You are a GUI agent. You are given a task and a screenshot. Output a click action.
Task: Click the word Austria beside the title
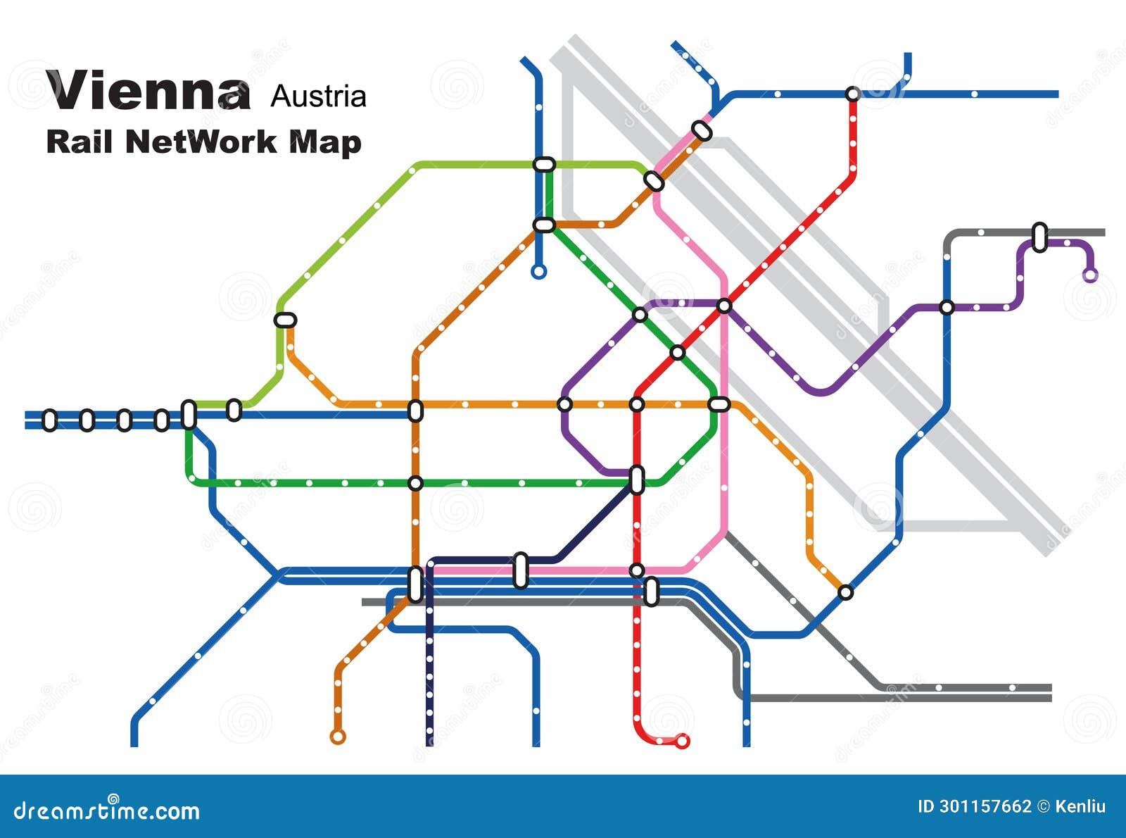click(318, 96)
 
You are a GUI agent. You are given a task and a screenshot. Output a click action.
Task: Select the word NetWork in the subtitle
click(201, 142)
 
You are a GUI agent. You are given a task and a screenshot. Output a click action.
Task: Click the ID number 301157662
click(985, 806)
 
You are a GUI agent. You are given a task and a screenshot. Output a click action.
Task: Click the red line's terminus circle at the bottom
click(681, 741)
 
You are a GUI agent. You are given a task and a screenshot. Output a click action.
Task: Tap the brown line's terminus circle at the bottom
click(338, 737)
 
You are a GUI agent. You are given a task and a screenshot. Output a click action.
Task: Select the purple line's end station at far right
click(1090, 275)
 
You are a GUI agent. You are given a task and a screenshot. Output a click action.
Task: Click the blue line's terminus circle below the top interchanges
click(539, 272)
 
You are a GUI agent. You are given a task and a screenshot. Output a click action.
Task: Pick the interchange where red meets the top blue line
click(853, 94)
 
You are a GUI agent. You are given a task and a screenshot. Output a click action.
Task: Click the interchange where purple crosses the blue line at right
click(947, 308)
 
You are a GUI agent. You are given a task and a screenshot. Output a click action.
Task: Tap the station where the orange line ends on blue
click(846, 592)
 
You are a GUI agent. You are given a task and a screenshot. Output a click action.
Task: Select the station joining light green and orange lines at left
click(285, 320)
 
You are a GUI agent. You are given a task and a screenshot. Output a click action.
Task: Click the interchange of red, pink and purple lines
click(724, 306)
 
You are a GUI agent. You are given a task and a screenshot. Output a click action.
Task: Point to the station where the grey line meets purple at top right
click(1039, 237)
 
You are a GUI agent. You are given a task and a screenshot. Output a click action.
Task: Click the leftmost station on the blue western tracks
click(49, 420)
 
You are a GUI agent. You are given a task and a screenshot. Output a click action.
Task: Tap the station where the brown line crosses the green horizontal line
click(415, 483)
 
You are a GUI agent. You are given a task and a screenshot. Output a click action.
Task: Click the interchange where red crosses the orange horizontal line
click(637, 404)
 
